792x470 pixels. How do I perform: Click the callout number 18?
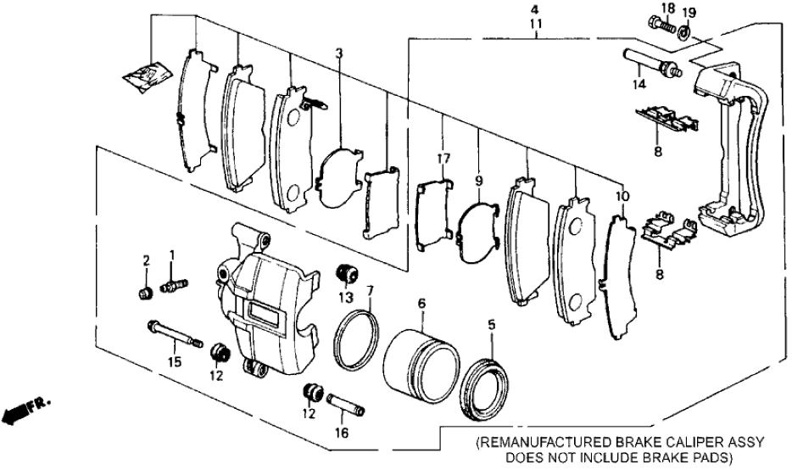point(667,8)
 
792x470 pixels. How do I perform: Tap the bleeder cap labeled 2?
point(145,294)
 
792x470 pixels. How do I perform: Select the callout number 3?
point(338,55)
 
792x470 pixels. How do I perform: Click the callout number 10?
point(622,197)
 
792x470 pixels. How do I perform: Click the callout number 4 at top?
point(535,10)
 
